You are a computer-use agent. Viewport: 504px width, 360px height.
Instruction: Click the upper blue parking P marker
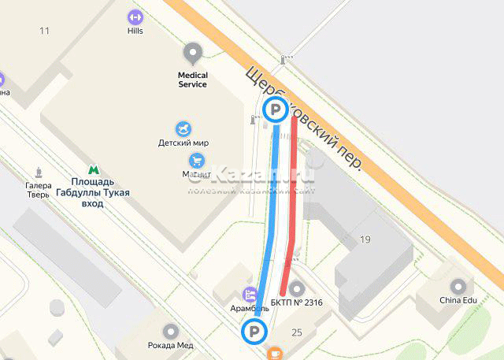click(x=275, y=111)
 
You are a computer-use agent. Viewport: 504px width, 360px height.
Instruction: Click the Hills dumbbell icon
click(x=135, y=16)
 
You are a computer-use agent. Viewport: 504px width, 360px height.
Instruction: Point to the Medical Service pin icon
click(x=192, y=54)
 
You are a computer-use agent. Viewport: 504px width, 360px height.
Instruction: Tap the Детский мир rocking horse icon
click(x=184, y=128)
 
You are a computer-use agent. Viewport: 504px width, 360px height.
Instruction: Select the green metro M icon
click(x=94, y=169)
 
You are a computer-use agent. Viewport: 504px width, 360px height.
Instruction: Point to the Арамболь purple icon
click(x=251, y=295)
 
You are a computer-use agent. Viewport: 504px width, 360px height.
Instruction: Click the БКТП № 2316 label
click(x=296, y=302)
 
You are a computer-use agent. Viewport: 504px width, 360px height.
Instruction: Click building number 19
click(x=365, y=239)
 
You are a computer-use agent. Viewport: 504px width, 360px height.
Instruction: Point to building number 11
click(x=44, y=31)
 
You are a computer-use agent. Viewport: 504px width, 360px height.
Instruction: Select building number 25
click(x=297, y=333)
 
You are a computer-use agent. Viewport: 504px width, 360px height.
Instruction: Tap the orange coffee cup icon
click(x=274, y=354)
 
